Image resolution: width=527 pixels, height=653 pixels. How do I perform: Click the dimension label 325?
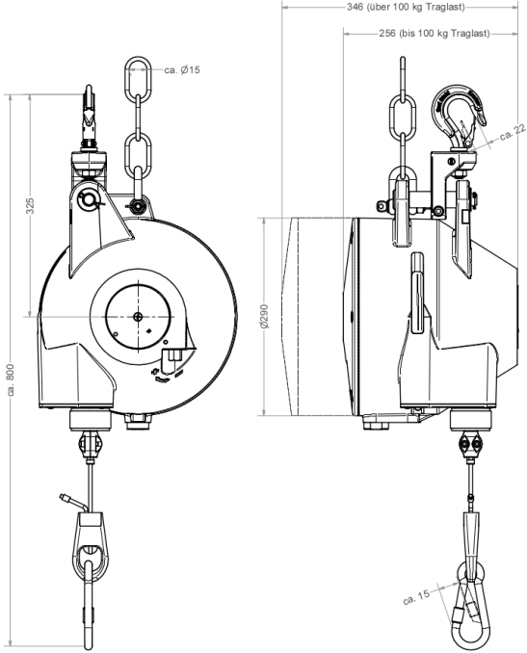tap(31, 206)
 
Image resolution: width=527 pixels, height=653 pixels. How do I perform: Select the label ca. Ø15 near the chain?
tap(182, 70)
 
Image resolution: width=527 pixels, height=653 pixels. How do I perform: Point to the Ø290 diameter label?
tap(265, 317)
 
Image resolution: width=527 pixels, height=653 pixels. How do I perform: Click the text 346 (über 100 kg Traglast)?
tap(406, 8)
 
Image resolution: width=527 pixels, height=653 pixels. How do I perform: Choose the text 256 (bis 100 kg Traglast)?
tap(435, 34)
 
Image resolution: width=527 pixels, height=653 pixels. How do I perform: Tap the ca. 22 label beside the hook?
tap(513, 133)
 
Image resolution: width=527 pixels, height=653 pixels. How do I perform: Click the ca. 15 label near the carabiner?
tap(416, 597)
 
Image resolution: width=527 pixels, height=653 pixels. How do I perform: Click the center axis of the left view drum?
tap(138, 317)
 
